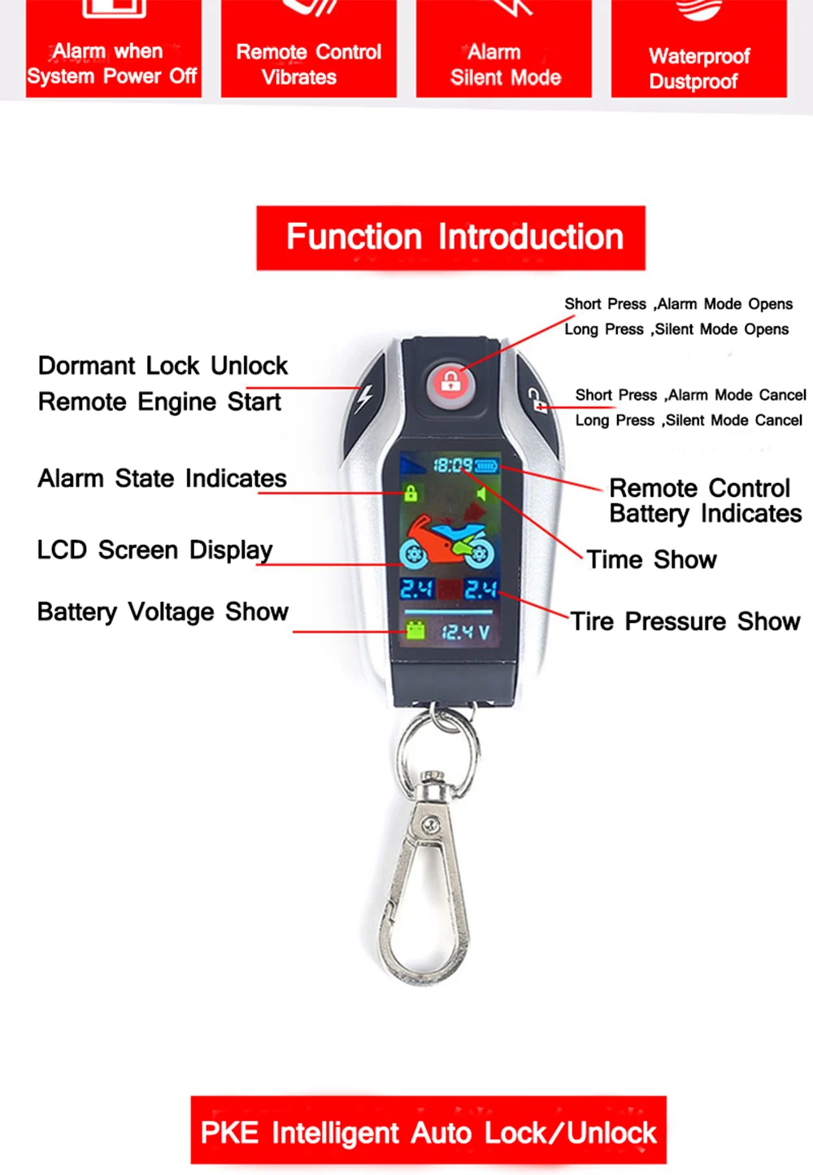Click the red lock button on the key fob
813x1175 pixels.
click(450, 381)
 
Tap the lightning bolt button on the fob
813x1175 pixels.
click(363, 398)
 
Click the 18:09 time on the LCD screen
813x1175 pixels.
click(452, 465)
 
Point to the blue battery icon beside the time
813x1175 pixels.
click(486, 466)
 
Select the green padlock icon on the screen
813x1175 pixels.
click(411, 493)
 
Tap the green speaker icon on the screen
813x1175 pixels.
click(481, 494)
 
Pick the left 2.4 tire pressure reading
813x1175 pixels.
click(416, 589)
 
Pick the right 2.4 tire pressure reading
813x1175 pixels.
click(480, 589)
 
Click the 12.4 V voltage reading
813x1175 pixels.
click(465, 632)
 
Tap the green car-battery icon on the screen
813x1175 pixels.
click(415, 630)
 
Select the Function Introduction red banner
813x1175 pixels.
click(451, 237)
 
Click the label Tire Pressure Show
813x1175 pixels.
click(685, 622)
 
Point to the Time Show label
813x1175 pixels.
click(651, 560)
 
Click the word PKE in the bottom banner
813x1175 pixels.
click(229, 1133)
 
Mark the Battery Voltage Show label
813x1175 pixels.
click(163, 612)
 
